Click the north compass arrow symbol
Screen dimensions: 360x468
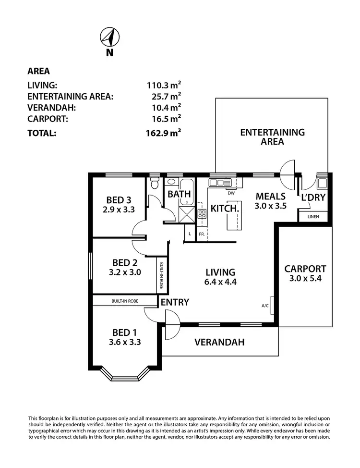(x=109, y=37)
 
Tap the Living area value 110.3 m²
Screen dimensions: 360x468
(x=164, y=86)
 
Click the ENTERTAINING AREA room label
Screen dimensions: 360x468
(x=272, y=136)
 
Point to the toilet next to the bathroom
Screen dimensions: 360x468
(x=155, y=183)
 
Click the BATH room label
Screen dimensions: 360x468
(x=179, y=194)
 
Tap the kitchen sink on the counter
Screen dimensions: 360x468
(x=220, y=183)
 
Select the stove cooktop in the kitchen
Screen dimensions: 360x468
(x=202, y=214)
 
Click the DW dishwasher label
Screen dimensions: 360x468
(x=231, y=193)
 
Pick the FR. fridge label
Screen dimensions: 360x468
(x=202, y=234)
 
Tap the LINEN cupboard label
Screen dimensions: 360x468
(x=313, y=217)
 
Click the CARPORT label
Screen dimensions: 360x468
(x=305, y=269)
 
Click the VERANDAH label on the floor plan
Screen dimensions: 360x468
(x=219, y=342)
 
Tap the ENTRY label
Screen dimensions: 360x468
(x=175, y=302)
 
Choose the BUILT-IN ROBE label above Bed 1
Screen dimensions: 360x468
(x=125, y=301)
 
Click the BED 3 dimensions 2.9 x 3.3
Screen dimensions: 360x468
(x=118, y=209)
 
